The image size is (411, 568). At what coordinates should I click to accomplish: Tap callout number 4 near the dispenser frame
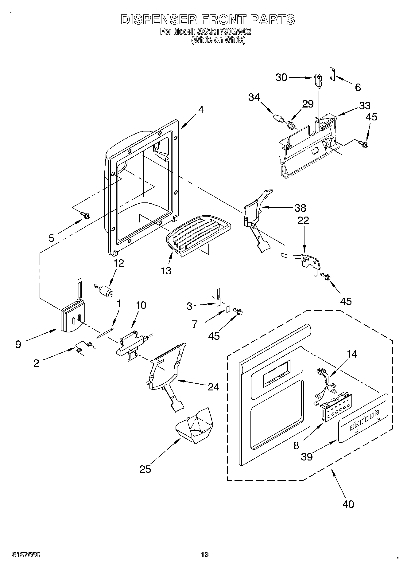click(201, 110)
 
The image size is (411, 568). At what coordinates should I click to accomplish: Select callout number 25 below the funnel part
click(145, 469)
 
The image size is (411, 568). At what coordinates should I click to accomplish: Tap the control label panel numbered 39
click(362, 419)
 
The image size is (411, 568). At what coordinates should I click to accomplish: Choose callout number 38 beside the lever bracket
click(300, 208)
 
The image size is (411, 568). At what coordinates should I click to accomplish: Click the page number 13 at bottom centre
click(205, 554)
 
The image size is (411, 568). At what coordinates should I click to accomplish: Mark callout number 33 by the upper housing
click(365, 105)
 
